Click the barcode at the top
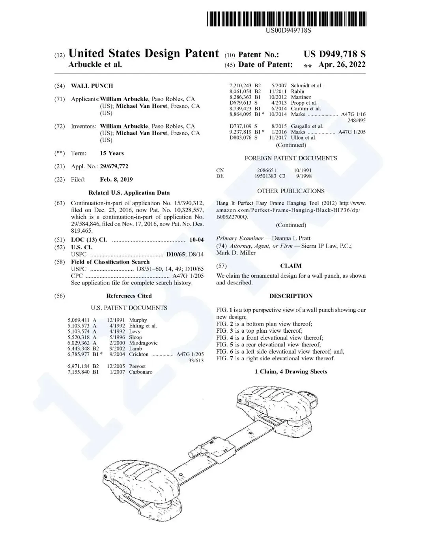pos(286,19)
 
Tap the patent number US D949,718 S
pos(334,54)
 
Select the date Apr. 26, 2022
pos(342,64)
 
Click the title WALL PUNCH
pos(92,86)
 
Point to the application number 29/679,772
pos(114,166)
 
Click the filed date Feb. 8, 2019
pos(116,179)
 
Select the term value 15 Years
pos(112,153)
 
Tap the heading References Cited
pos(129,296)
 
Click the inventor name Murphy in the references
pos(138,320)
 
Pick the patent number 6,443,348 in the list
pos(78,348)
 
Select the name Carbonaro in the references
pos(141,372)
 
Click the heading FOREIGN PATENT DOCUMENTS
pos(291,158)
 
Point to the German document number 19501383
pos(265,176)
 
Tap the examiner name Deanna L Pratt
pos(291,238)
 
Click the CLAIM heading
pos(291,266)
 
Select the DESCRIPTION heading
pos(291,296)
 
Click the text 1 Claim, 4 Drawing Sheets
pos(291,371)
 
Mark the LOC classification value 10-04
pos(196,240)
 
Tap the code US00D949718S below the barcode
pos(288,31)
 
